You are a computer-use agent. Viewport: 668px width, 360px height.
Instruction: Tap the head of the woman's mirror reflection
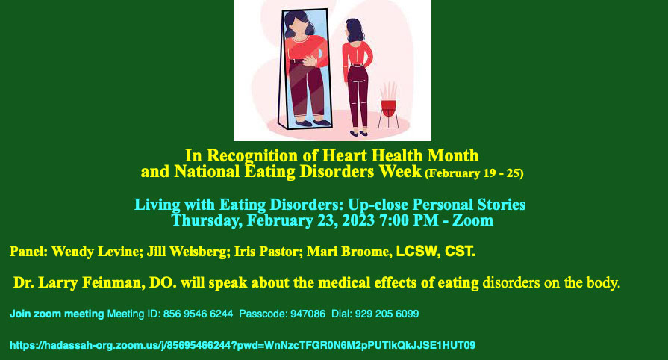(299, 25)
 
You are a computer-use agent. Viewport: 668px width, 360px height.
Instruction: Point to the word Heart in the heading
(342, 155)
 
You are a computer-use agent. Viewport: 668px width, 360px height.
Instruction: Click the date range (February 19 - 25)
(474, 173)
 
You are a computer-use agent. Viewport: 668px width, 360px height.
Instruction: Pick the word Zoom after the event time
(472, 220)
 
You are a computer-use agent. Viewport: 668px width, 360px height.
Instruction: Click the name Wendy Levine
(97, 252)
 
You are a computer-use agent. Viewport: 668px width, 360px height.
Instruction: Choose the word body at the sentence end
(603, 282)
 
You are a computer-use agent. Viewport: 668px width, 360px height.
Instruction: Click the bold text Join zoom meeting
(57, 314)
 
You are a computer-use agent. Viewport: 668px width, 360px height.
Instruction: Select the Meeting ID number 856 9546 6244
(198, 314)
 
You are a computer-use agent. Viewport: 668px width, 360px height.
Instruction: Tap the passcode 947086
(308, 314)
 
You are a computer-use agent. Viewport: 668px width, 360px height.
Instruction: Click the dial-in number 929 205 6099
(387, 314)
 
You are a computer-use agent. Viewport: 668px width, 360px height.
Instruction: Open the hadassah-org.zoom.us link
(243, 345)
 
